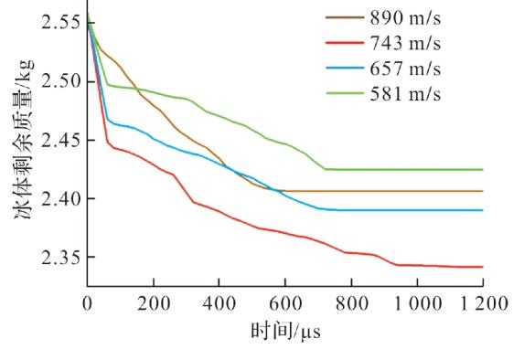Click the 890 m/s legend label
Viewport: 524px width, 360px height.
click(405, 17)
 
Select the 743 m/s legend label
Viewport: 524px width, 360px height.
click(405, 43)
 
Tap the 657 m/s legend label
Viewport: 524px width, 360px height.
click(405, 69)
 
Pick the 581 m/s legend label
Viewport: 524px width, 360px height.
click(405, 94)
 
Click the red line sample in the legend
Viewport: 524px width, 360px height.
click(345, 43)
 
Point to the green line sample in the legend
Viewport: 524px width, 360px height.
click(345, 93)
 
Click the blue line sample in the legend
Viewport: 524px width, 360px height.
click(345, 69)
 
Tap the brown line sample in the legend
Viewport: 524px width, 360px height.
click(345, 17)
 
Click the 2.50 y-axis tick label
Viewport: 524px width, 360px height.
click(61, 81)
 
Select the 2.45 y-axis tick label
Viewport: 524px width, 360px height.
click(61, 140)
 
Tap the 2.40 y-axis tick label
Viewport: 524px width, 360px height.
click(61, 198)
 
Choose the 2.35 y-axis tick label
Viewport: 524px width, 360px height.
click(61, 257)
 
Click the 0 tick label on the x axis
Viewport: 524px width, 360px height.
click(87, 304)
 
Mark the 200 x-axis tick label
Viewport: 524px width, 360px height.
click(154, 304)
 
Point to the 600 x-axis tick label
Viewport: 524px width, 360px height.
click(285, 304)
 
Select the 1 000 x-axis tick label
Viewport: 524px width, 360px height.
click(418, 304)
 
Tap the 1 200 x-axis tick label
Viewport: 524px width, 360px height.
click(484, 304)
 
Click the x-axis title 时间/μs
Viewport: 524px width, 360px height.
click(285, 332)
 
